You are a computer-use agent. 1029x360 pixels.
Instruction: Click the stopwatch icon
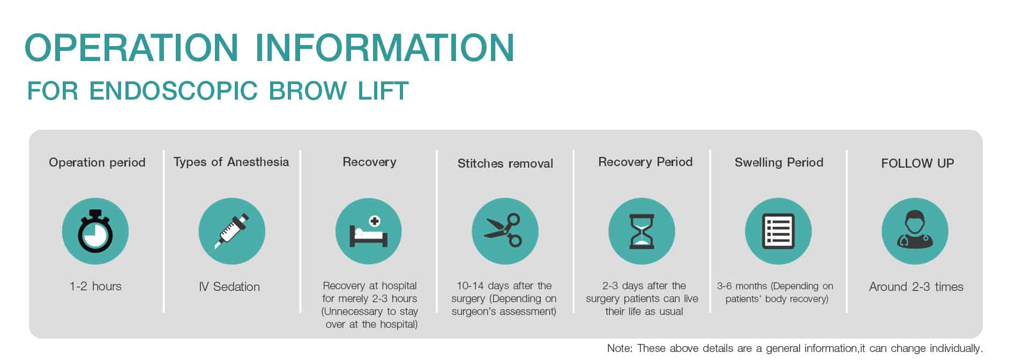click(x=95, y=231)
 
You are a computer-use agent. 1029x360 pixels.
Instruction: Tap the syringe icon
click(x=232, y=231)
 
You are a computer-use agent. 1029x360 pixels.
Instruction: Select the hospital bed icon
click(x=369, y=231)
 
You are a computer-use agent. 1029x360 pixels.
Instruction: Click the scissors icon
click(x=505, y=231)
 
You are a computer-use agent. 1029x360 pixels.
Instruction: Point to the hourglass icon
click(x=642, y=231)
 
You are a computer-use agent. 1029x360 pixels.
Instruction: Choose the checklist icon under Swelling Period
click(x=778, y=231)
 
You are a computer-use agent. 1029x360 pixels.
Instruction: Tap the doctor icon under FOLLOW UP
click(x=915, y=231)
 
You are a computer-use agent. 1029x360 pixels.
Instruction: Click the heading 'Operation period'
click(x=97, y=163)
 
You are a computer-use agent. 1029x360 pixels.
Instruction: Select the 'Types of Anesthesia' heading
click(x=231, y=162)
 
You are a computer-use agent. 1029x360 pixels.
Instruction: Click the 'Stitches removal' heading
click(x=505, y=163)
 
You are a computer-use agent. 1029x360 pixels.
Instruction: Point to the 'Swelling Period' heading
click(x=779, y=162)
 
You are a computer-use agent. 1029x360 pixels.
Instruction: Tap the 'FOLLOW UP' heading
click(x=918, y=163)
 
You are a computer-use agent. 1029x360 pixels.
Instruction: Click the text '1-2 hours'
click(x=95, y=286)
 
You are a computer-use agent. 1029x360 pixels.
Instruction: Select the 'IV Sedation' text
click(x=229, y=287)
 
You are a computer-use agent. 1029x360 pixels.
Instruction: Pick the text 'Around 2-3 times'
click(x=916, y=287)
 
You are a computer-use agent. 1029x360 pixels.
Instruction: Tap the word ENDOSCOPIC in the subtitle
click(x=174, y=91)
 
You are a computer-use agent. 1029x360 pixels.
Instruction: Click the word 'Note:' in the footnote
click(x=620, y=348)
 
